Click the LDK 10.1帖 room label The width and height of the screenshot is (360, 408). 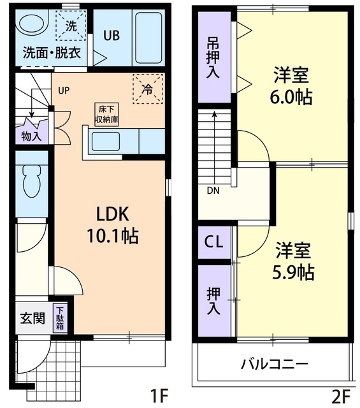113,224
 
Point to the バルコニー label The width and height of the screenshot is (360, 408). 275,365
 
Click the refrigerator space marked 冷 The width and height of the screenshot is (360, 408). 147,89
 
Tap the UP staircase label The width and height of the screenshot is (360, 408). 64,90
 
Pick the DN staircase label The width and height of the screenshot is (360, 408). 212,190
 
